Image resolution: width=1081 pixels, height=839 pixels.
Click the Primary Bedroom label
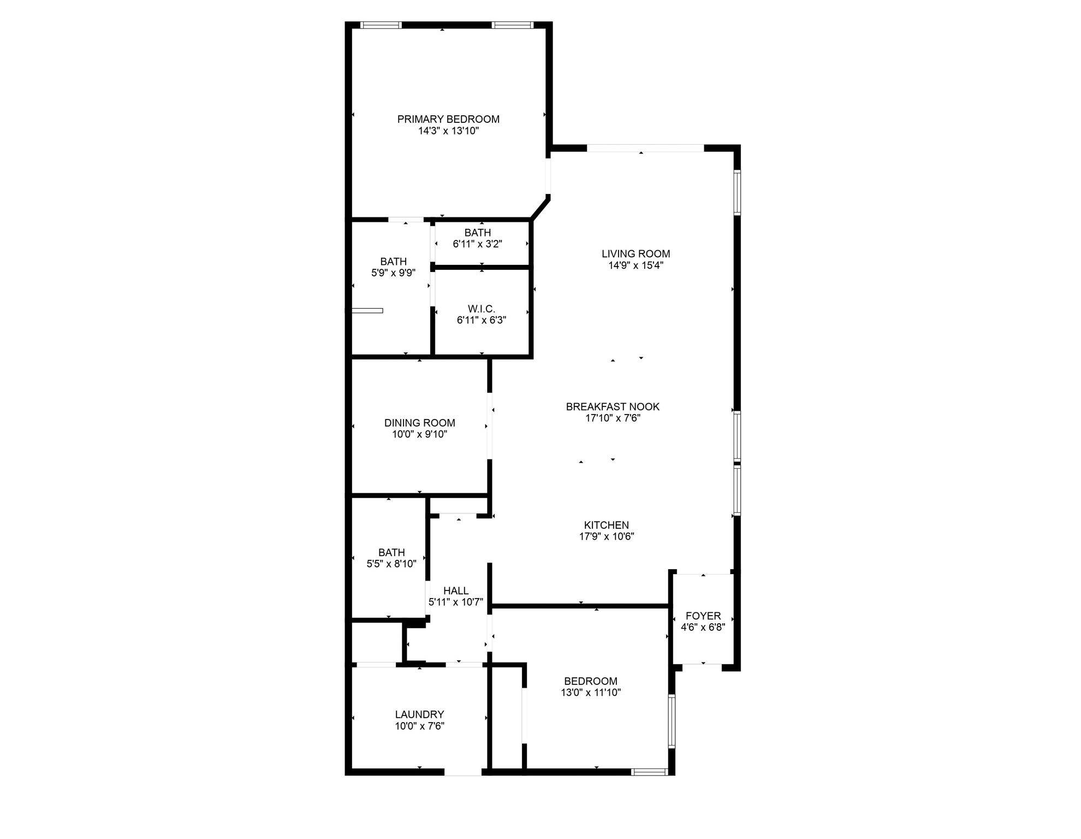(448, 119)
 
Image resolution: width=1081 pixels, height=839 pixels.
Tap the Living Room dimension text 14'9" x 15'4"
(635, 265)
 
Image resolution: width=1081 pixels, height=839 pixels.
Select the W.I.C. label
(482, 309)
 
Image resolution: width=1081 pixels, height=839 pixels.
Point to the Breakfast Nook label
(613, 406)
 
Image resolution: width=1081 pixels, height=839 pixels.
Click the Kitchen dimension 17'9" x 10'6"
(607, 536)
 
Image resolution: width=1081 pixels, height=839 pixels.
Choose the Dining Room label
(420, 423)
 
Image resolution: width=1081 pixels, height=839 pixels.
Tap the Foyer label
(703, 616)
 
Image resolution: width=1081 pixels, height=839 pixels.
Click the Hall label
(456, 590)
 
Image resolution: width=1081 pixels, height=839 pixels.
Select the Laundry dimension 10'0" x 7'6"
(420, 726)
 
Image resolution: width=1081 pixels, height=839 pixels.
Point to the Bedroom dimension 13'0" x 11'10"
(591, 693)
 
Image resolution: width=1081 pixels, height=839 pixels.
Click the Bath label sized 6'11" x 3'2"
(478, 233)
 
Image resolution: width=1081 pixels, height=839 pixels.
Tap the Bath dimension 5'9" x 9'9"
(394, 273)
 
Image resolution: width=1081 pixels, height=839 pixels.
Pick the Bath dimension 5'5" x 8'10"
(391, 564)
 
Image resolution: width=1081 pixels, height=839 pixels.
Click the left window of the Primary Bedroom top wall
(381, 25)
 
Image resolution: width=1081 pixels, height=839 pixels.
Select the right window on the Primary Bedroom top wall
(512, 25)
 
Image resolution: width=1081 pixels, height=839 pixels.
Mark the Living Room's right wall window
(737, 192)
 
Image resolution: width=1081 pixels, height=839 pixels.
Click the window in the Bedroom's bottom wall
(649, 772)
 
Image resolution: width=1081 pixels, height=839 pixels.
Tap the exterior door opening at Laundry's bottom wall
(462, 772)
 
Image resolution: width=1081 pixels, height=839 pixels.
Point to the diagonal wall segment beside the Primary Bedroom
(540, 209)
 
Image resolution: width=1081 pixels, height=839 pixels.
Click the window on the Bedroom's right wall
(672, 720)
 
